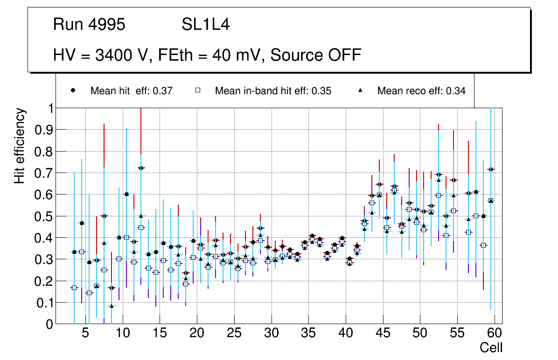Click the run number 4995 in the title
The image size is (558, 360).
107,25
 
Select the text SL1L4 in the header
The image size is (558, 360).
206,25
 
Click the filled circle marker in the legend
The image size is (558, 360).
73,90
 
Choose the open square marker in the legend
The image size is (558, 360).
197,90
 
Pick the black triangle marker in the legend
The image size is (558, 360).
360,90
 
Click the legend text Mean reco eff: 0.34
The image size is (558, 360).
421,91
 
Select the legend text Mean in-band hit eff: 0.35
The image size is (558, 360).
273,91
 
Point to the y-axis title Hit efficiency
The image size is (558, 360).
20,145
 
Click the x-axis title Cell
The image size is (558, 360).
491,347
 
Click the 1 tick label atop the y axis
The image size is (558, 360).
48,108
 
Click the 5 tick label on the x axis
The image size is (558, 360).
85,333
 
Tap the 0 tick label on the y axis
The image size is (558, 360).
48,324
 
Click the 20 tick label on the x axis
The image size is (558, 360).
196,333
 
